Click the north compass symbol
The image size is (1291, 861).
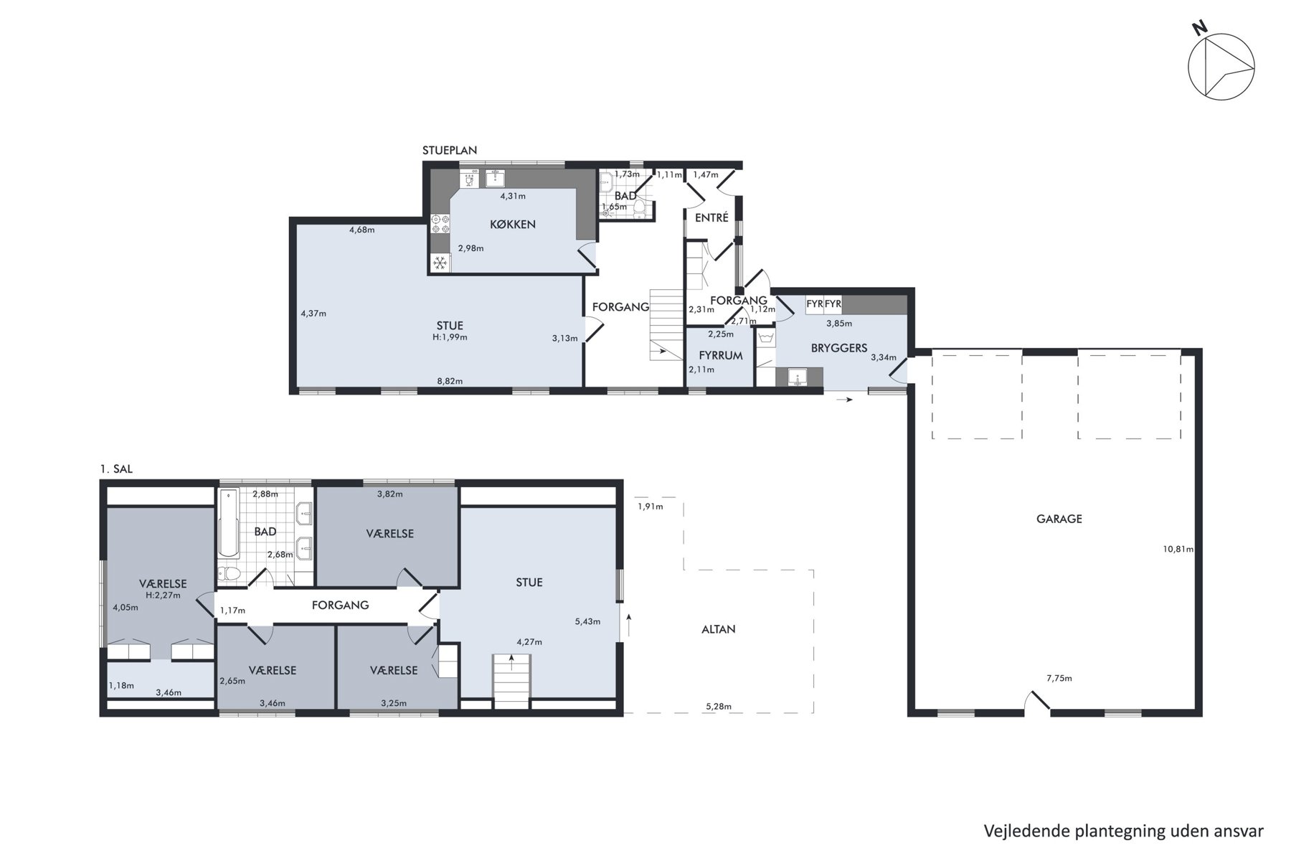point(1221,67)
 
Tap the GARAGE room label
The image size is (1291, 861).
point(1059,519)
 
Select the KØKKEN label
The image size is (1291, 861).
point(513,225)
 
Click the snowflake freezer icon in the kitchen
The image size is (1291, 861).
point(440,263)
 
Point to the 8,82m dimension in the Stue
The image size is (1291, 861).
point(450,381)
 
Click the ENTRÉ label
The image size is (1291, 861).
point(711,217)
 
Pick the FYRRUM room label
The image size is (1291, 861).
point(721,355)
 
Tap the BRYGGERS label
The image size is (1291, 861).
point(839,348)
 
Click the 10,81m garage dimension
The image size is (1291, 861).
point(1178,550)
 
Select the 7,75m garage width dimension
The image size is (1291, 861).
point(1059,678)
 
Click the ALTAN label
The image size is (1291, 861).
point(719,629)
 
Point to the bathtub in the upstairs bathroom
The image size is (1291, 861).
point(229,524)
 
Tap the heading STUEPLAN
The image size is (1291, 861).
point(450,151)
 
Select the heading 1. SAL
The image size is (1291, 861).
point(116,469)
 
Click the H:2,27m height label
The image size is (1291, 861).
point(163,595)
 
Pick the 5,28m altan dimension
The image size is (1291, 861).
point(719,707)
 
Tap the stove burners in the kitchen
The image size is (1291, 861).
point(440,224)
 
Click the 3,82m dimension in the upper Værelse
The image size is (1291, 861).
point(389,494)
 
